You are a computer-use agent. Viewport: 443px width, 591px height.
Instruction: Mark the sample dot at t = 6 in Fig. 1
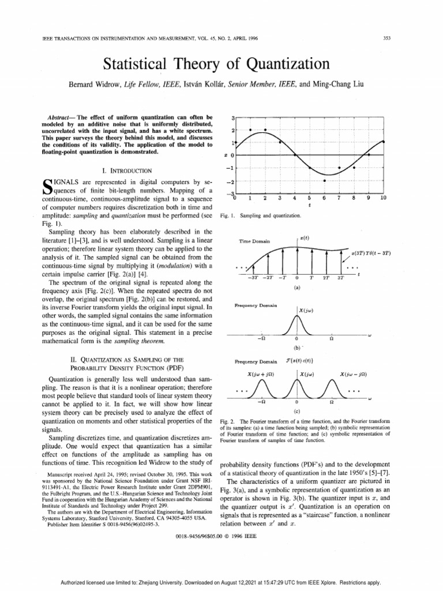(x=324, y=181)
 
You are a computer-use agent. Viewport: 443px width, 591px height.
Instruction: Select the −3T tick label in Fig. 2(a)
(x=252, y=278)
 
